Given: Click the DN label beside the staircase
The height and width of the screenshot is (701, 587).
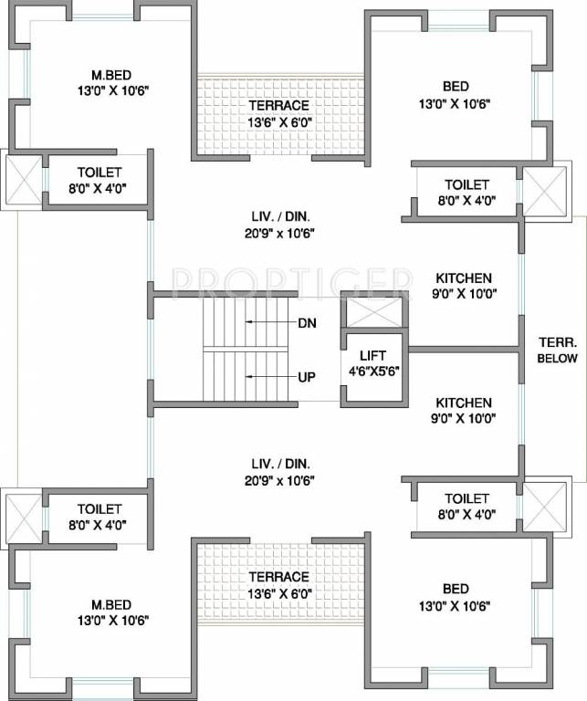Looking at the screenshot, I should (307, 323).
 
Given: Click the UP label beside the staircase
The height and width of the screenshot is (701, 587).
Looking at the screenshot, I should (307, 376).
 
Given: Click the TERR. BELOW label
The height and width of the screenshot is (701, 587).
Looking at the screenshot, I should (556, 350).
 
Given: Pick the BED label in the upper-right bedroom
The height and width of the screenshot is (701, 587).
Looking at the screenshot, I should (456, 87).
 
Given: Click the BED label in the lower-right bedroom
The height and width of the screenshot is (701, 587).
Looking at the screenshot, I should (456, 589).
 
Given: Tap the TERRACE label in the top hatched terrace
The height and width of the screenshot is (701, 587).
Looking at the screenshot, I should (279, 106).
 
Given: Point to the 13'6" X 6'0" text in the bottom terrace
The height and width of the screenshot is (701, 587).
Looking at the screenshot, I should (279, 593).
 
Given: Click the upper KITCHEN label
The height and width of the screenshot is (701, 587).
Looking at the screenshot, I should (464, 278).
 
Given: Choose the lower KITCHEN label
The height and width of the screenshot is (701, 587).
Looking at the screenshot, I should (464, 403).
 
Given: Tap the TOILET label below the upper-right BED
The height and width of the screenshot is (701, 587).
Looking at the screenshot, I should (466, 184).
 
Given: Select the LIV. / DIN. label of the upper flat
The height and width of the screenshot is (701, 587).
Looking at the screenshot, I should (280, 216).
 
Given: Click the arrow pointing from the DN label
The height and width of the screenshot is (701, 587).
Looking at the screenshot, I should (269, 323).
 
